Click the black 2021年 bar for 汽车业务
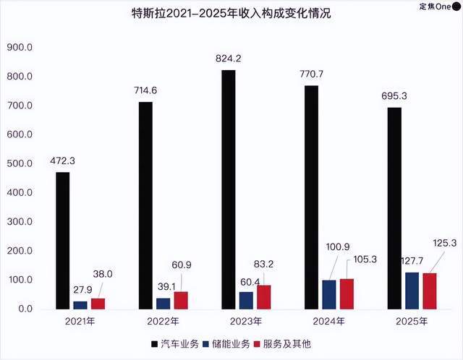pos(64,241)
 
